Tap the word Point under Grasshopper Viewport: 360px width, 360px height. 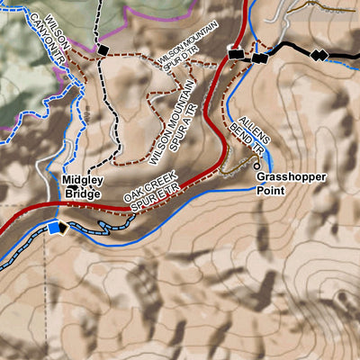point(270,191)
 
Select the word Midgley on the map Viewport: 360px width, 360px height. point(82,180)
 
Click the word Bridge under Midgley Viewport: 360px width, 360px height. point(80,192)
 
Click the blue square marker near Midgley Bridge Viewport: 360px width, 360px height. point(59,227)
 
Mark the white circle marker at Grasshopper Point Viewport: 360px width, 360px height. point(257,166)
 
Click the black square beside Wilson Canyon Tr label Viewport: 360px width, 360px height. point(103,48)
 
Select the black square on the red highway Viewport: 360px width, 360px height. point(236,54)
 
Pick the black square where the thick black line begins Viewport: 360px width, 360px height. point(260,59)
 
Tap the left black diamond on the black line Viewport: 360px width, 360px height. point(314,56)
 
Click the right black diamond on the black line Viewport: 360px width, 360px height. point(322,56)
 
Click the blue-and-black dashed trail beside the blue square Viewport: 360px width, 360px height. point(27,244)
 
